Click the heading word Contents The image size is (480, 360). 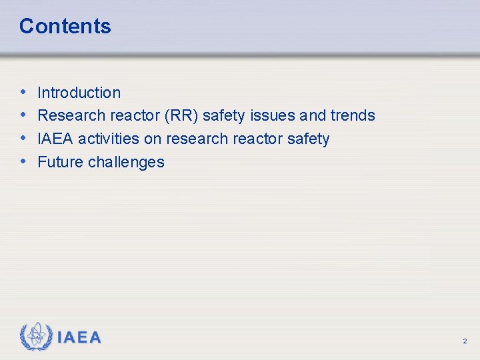(65, 27)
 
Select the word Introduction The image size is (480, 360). (79, 93)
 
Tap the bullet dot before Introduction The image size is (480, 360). (24, 93)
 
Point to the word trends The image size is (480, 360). (353, 116)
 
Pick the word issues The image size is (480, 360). (272, 116)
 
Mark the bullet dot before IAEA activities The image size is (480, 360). (24, 139)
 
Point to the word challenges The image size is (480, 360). (126, 162)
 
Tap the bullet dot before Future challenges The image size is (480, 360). (24, 162)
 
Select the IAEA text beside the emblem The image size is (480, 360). (79, 337)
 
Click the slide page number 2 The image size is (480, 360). (465, 341)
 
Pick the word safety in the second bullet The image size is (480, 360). (224, 116)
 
